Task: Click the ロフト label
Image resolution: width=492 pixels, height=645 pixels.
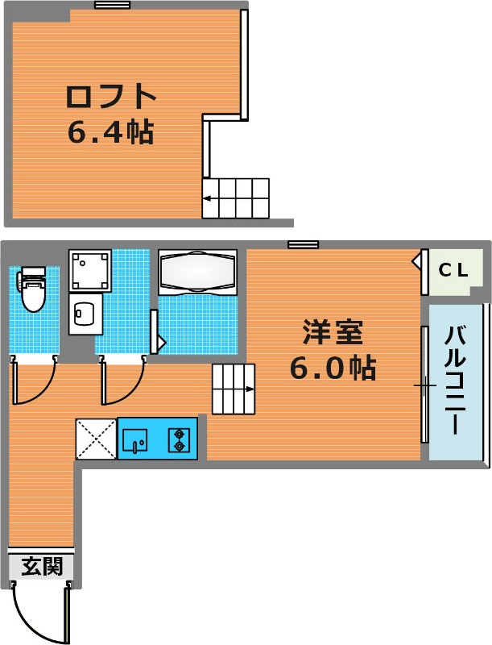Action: pos(111,96)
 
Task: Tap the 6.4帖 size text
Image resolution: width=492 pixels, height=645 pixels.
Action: pos(110,132)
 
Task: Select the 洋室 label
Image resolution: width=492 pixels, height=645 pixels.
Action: pos(333,332)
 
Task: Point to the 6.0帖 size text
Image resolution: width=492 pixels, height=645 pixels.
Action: pos(333,368)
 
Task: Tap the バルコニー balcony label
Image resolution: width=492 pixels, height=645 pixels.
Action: pos(456,380)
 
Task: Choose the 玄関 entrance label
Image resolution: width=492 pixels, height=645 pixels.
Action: pos(42,566)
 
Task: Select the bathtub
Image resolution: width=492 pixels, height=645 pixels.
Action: pos(197,272)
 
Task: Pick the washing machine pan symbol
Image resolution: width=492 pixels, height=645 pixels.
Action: pos(90,270)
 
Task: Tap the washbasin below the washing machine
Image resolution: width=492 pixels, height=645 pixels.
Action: pos(85,314)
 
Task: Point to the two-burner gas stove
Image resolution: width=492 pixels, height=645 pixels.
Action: pos(179,439)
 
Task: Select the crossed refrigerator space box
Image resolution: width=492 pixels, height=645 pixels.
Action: pos(97,439)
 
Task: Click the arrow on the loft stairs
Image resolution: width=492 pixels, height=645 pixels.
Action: pos(217,199)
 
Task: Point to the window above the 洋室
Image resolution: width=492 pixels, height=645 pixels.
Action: pos(303,245)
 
